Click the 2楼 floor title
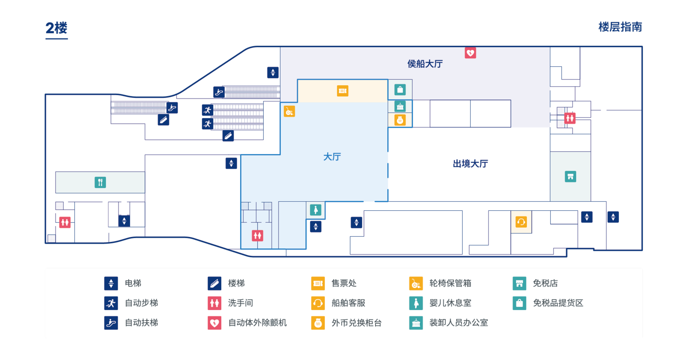point(57,28)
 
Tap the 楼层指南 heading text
point(620,27)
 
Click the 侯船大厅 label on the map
point(425,64)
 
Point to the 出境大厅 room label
point(470,164)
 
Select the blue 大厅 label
point(332,157)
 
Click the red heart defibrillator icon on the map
point(470,53)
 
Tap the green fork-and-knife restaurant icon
point(100,183)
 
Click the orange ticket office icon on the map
point(343,91)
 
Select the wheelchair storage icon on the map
point(289,111)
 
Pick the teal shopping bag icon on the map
point(400,89)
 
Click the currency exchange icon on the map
point(400,120)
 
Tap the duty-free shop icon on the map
point(570,176)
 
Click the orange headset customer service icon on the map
point(521,222)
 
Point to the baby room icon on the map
point(315,210)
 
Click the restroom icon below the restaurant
point(65,222)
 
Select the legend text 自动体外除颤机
point(257,323)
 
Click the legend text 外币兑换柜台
point(357,323)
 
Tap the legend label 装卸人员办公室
point(459,323)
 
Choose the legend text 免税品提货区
point(558,303)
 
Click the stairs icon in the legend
point(214,283)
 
